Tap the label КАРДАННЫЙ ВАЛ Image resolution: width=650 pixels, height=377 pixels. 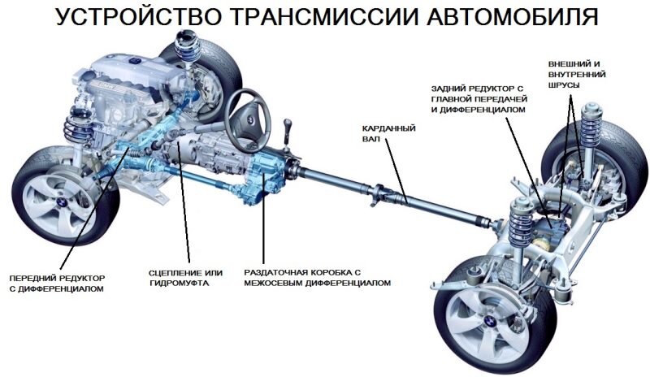click(381, 133)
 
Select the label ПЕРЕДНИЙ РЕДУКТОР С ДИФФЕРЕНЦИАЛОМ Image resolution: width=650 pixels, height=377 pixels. click(57, 283)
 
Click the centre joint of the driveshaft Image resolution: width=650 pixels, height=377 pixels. click(404, 195)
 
